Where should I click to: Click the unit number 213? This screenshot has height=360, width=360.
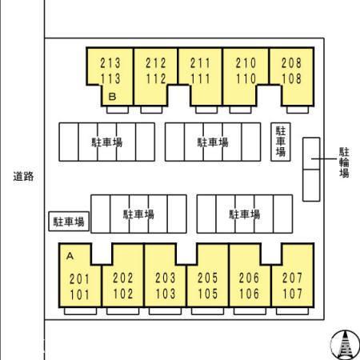(110, 63)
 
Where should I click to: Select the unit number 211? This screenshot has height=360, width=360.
(200, 63)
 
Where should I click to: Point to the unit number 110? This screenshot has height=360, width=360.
(246, 78)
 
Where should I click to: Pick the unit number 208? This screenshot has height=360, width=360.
(291, 63)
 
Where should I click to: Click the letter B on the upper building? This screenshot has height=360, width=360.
(112, 97)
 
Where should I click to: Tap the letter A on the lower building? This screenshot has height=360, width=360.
(70, 256)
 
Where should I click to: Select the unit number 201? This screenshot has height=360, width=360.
(79, 279)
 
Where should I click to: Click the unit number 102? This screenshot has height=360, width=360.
(123, 294)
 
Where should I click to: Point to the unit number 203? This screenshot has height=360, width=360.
(166, 278)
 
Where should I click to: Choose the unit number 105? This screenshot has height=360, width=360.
(208, 294)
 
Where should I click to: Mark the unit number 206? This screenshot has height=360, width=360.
(249, 278)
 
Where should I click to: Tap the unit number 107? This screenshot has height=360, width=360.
(293, 294)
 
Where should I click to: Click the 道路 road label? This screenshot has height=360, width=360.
(23, 177)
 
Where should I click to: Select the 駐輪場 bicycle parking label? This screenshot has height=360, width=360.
(344, 162)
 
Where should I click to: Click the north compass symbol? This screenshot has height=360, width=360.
(345, 345)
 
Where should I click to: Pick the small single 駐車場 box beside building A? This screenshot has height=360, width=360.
(69, 222)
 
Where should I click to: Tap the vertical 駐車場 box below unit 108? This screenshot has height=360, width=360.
(281, 142)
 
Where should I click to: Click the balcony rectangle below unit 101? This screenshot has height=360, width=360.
(80, 311)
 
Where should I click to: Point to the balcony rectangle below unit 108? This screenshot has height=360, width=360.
(298, 110)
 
